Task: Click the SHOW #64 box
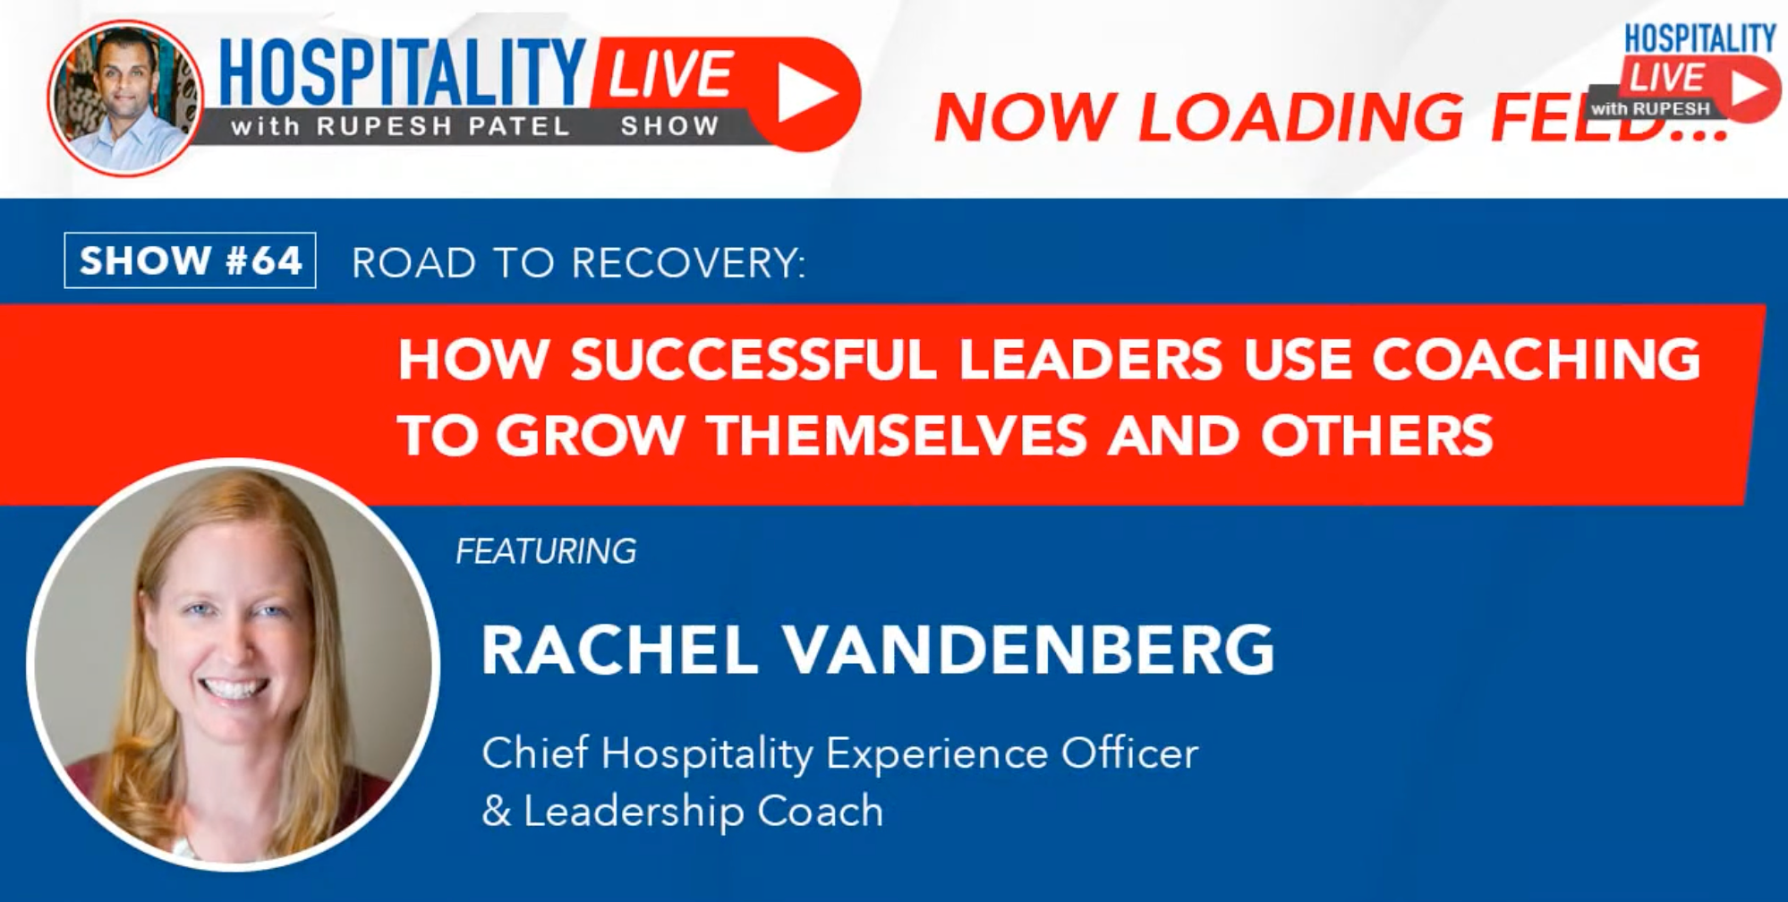click(x=190, y=260)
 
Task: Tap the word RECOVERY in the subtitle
click(x=688, y=263)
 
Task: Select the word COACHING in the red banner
click(x=1536, y=360)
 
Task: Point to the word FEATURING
click(x=546, y=551)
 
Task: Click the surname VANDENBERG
click(x=1029, y=651)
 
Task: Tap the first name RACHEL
click(x=620, y=651)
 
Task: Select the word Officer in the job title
click(x=1129, y=753)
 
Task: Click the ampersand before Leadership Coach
click(x=496, y=811)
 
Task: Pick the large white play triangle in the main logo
click(x=805, y=92)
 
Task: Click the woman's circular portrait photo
click(x=233, y=664)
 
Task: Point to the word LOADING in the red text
click(x=1300, y=117)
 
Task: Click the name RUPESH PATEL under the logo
click(x=444, y=126)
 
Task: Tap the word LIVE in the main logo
click(x=671, y=73)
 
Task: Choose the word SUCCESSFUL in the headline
click(x=754, y=360)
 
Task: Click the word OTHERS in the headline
click(x=1377, y=436)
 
